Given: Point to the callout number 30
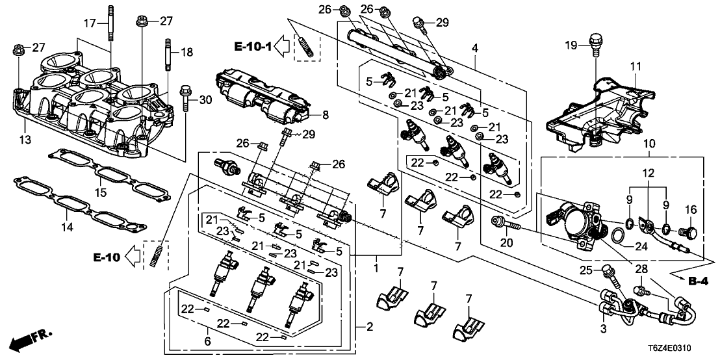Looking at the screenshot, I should (205, 99).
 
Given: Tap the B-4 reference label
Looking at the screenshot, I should (698, 281).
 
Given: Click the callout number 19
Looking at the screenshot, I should (571, 45).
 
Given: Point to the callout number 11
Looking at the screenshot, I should (634, 66).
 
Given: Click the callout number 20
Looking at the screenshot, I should (506, 243).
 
